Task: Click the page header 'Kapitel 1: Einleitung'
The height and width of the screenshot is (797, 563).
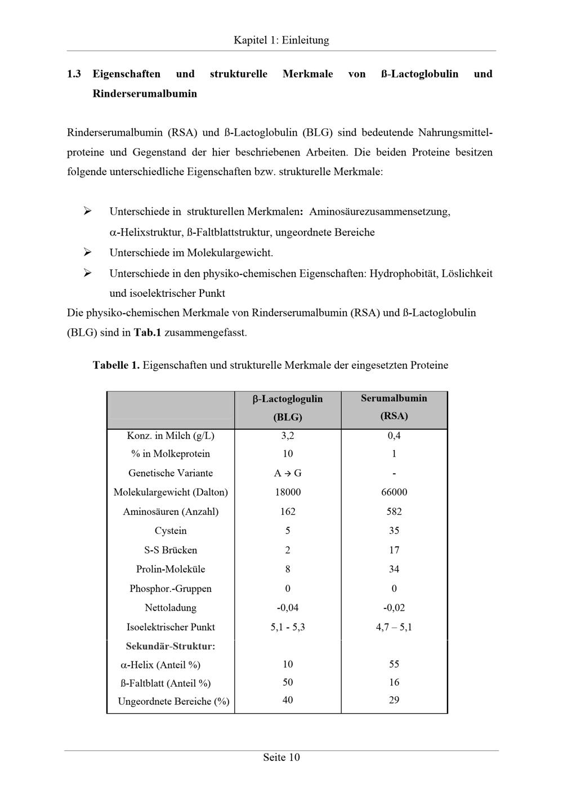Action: point(281,41)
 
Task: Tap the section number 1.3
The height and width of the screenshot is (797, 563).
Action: point(74,74)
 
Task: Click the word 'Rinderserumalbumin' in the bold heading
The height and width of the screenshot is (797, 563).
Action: point(145,93)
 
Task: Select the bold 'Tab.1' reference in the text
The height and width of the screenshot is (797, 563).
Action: point(147,332)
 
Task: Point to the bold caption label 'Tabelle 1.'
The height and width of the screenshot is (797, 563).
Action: point(116,365)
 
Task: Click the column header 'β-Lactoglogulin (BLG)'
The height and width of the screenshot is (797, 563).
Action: point(288,408)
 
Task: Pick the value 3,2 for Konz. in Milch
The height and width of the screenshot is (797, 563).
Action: point(288,435)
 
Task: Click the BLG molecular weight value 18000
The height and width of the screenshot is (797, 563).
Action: point(288,492)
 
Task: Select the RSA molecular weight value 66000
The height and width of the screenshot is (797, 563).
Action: point(394,492)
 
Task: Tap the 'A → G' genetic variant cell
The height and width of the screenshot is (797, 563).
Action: point(288,473)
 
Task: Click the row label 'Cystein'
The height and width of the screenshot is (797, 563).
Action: point(171,531)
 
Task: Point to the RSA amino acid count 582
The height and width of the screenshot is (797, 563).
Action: point(394,511)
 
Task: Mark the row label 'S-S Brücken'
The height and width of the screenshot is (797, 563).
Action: point(171,550)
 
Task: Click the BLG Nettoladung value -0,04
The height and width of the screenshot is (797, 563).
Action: point(288,608)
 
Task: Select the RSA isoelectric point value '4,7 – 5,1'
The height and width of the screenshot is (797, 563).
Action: point(394,627)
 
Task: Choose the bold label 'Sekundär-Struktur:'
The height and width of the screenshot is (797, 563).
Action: point(171,646)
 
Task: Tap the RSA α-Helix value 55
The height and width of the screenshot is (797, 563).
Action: point(394,665)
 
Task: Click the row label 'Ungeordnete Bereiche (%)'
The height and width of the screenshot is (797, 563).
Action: point(173,701)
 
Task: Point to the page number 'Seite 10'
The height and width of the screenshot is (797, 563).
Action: point(281,758)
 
